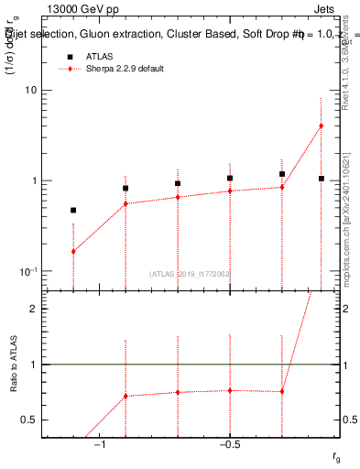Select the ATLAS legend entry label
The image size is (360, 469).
100,56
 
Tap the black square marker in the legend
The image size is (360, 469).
70,56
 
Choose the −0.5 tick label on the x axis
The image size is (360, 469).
229,445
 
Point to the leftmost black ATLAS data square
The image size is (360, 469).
73,210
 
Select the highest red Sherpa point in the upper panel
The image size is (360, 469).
321,125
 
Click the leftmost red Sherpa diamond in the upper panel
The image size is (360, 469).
73,251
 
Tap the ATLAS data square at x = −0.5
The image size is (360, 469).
230,178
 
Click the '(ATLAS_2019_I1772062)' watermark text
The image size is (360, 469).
191,274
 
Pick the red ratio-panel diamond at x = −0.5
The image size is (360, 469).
230,390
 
